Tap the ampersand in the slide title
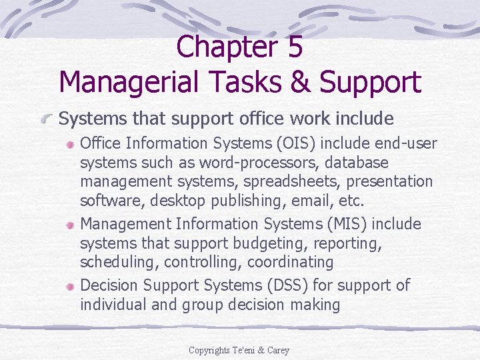(x=299, y=83)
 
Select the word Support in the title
(x=370, y=83)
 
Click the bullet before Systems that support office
(x=47, y=119)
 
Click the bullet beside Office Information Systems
(x=70, y=143)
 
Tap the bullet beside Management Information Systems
(x=70, y=224)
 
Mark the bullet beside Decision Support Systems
(x=70, y=285)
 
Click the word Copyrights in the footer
(x=208, y=350)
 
